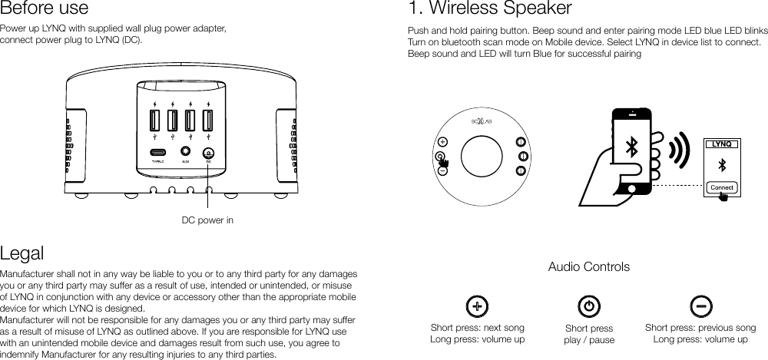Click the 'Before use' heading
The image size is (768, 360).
pos(44,9)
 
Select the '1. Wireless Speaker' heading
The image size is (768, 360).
pos(490,9)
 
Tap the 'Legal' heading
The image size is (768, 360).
pos(22,253)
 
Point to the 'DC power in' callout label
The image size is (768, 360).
pos(207,221)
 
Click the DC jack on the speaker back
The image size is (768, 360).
pos(208,153)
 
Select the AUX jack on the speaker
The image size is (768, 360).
pos(185,153)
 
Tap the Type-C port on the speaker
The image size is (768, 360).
pos(158,153)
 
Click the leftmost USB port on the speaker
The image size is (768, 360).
pos(154,121)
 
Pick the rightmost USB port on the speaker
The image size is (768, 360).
pos(208,121)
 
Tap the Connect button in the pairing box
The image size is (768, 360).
pos(721,187)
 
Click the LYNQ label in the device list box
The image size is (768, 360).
pos(721,144)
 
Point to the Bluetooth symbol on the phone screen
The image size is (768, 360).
pos(631,147)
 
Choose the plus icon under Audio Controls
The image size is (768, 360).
pos(477,306)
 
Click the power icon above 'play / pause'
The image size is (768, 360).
pos(588,306)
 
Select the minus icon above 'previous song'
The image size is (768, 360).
pos(700,306)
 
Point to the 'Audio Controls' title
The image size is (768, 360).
pos(588,267)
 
